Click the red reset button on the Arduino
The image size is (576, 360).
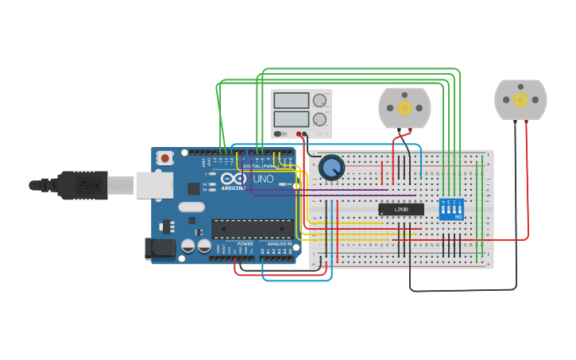click(x=164, y=158)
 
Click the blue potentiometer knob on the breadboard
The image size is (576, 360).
click(x=331, y=168)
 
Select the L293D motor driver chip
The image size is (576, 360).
click(x=400, y=210)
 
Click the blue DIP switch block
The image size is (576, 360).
click(x=450, y=210)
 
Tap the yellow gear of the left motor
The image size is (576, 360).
click(x=404, y=107)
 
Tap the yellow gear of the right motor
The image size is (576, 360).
click(x=520, y=99)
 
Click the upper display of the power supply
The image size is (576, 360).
click(x=291, y=101)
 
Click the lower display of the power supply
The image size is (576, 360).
click(x=291, y=120)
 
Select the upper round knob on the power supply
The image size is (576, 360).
click(x=319, y=100)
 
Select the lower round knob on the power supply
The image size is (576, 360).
click(x=319, y=120)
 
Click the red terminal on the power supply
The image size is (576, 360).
click(x=300, y=134)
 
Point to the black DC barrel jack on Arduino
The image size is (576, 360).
click(x=160, y=248)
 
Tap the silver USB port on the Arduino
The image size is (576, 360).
click(x=153, y=185)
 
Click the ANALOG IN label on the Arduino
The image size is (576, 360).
click(x=279, y=243)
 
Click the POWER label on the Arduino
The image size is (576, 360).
click(x=245, y=243)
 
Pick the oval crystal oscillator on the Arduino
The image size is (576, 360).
click(x=191, y=207)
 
